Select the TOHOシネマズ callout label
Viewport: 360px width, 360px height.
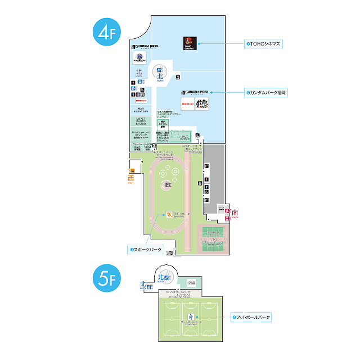point(263,43)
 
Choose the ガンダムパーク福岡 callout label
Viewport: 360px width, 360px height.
point(266,92)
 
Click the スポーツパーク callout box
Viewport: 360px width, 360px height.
point(145,249)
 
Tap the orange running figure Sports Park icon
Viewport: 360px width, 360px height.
point(168,214)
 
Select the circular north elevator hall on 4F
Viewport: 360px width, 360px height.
point(160,73)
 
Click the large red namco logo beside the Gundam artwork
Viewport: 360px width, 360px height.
point(188,104)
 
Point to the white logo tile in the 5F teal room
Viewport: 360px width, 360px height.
point(191,282)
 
